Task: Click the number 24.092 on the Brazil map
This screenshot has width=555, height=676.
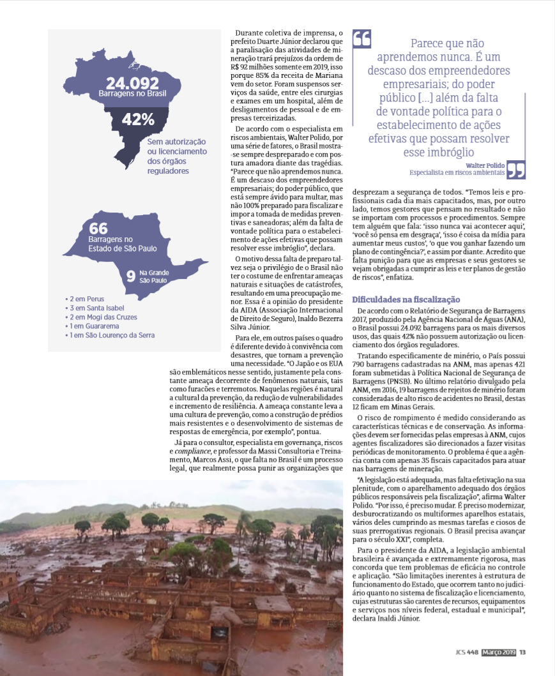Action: tap(132, 84)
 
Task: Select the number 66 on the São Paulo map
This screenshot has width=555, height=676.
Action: tap(98, 229)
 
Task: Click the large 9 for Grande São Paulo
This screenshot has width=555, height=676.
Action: tap(130, 276)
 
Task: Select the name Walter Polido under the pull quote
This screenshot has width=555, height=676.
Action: tap(485, 165)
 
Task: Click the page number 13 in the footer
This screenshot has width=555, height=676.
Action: tap(522, 652)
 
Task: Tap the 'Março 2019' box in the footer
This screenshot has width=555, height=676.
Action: tap(498, 652)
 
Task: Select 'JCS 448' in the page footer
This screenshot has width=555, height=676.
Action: tap(467, 652)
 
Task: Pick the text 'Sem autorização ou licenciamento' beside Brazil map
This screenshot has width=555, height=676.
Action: tap(177, 146)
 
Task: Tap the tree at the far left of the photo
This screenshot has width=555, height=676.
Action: tap(82, 527)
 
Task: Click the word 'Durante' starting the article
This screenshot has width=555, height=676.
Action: tap(248, 33)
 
